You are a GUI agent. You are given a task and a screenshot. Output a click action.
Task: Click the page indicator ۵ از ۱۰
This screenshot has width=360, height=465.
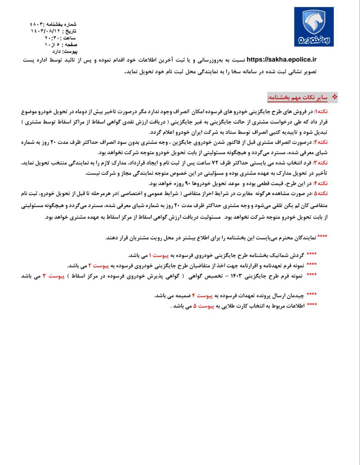[53, 44]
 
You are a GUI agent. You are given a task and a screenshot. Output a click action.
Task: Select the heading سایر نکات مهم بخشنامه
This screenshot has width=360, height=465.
[298, 98]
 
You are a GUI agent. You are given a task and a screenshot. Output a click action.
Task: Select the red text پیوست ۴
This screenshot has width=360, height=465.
[202, 296]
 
